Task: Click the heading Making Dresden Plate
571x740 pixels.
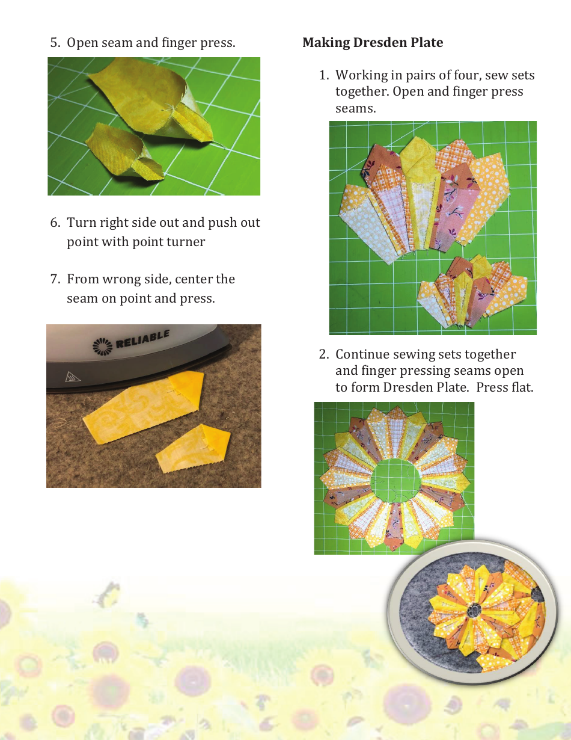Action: click(x=373, y=43)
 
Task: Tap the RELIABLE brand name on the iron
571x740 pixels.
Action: click(x=142, y=341)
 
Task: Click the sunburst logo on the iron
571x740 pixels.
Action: click(x=100, y=346)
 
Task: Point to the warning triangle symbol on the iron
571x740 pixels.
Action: click(x=73, y=378)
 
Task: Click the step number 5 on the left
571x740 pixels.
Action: click(x=55, y=43)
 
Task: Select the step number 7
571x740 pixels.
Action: click(x=55, y=279)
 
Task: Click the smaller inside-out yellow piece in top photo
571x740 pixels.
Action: click(x=123, y=153)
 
